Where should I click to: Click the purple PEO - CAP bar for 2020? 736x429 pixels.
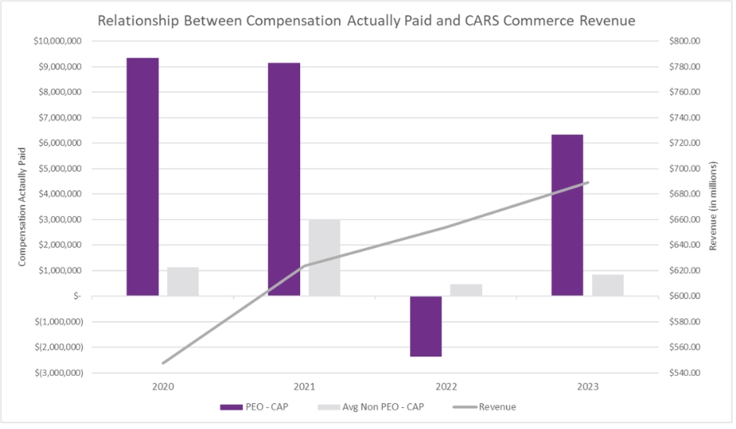click(x=143, y=177)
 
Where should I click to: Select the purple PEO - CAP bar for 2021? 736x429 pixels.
click(x=284, y=179)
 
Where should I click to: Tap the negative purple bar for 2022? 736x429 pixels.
click(x=426, y=326)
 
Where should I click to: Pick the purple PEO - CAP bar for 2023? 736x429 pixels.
click(x=567, y=215)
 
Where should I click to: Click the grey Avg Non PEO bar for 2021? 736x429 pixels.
click(x=324, y=257)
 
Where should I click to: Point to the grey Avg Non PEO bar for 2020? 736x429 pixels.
click(x=183, y=282)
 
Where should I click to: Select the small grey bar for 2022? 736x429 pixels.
click(x=466, y=290)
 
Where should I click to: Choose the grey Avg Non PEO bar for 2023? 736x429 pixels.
click(x=607, y=285)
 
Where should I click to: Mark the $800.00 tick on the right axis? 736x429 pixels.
click(x=688, y=41)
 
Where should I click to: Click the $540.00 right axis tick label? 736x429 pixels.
click(x=688, y=373)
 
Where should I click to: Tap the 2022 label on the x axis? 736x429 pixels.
click(x=446, y=386)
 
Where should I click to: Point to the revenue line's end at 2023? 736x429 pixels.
click(x=587, y=183)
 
